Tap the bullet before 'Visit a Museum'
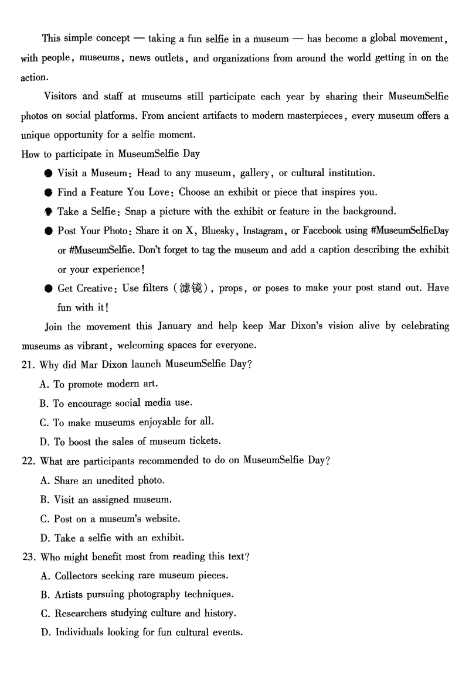pos(48,173)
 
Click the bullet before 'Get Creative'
pos(48,288)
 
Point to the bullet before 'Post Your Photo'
pos(48,231)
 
